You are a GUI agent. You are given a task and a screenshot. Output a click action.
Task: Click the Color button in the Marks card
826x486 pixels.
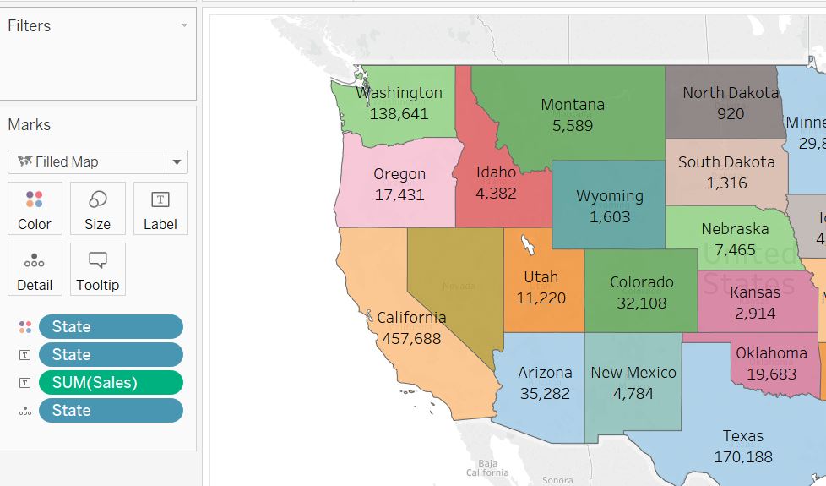click(x=35, y=208)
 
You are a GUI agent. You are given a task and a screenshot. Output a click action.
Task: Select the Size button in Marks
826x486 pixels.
click(x=97, y=208)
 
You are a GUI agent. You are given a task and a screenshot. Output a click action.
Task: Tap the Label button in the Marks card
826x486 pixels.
click(x=160, y=208)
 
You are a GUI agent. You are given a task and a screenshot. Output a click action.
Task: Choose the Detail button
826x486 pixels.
click(x=35, y=269)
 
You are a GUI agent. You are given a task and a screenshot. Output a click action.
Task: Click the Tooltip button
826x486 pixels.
click(x=97, y=269)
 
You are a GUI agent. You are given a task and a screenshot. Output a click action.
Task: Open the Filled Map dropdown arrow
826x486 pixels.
click(x=177, y=162)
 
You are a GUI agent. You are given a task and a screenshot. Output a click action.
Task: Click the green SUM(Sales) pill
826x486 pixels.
click(x=111, y=382)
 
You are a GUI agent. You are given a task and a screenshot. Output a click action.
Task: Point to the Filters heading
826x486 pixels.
click(x=30, y=26)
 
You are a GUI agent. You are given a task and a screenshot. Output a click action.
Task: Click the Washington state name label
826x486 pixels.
click(x=399, y=93)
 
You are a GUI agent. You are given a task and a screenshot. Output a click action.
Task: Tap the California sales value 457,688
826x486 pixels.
click(x=411, y=338)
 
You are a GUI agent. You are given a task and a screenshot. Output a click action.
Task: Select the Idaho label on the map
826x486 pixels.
click(x=496, y=172)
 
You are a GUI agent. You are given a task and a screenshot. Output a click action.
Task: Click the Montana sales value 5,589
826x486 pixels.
click(x=573, y=126)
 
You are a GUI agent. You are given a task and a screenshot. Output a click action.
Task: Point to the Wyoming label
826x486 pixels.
click(x=609, y=196)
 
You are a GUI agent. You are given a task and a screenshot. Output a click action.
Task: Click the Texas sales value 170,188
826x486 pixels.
click(x=742, y=457)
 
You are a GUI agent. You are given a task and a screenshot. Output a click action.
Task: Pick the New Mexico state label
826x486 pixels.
click(x=633, y=373)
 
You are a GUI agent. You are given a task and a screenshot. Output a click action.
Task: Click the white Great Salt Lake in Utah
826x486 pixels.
click(x=528, y=245)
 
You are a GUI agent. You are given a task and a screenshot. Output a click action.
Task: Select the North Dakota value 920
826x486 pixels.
click(x=731, y=114)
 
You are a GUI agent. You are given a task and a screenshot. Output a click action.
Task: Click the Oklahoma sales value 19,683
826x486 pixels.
click(x=770, y=374)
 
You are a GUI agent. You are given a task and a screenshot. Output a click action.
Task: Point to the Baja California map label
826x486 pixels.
click(x=487, y=467)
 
